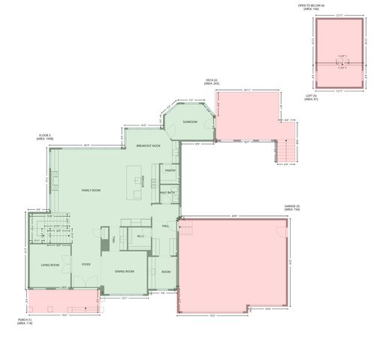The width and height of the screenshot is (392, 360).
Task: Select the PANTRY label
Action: (170, 170)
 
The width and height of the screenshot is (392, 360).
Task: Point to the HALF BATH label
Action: (167, 193)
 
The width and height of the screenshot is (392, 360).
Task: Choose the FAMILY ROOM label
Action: (91, 190)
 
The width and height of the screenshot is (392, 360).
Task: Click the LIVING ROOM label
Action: (50, 265)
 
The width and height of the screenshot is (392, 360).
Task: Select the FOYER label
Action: (86, 265)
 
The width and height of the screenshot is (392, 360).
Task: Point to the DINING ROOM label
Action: (125, 271)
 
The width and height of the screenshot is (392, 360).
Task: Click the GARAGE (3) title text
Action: (292, 207)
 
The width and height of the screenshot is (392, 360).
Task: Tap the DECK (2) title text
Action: (211, 82)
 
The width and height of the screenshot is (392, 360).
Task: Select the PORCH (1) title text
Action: (26, 321)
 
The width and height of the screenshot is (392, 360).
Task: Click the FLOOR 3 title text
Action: (46, 137)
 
